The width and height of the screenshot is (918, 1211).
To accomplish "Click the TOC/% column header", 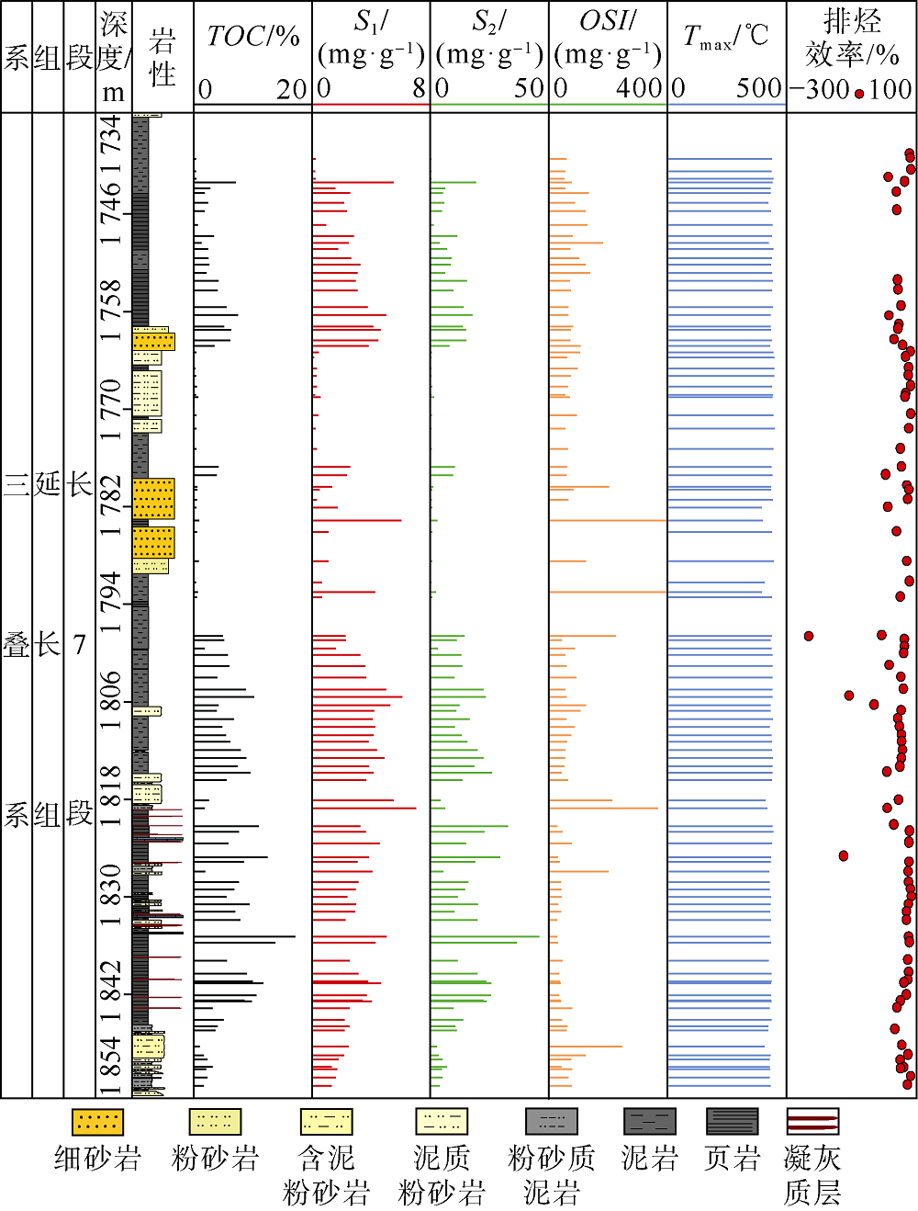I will (252, 37).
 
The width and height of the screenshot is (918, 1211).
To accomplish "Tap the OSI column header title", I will (608, 21).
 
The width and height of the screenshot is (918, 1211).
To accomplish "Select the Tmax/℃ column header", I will (725, 37).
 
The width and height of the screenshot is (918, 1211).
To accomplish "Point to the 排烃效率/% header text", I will (851, 37).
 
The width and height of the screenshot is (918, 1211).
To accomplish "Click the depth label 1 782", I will (111, 506).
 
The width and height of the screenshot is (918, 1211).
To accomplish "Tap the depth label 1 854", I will (111, 1066).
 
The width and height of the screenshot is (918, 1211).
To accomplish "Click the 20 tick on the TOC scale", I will (291, 89).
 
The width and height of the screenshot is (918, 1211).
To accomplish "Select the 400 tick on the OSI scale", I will (638, 89).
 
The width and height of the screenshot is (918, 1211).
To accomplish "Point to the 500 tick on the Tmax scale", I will (758, 89).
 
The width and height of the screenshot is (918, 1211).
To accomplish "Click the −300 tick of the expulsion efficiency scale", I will (819, 89).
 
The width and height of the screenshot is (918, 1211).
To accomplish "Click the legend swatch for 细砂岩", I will (97, 1122).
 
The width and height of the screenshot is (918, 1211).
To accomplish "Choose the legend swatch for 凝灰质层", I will (812, 1122).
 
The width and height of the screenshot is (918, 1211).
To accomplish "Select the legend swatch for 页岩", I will (732, 1122).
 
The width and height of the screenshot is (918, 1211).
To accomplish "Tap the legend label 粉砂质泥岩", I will (551, 1174).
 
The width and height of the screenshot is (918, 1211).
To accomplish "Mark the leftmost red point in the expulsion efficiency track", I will (809, 636).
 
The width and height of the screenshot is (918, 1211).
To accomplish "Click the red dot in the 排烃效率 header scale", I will (859, 93).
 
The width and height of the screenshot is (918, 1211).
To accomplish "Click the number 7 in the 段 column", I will (80, 644).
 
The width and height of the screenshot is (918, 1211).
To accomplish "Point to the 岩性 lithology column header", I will (162, 57).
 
